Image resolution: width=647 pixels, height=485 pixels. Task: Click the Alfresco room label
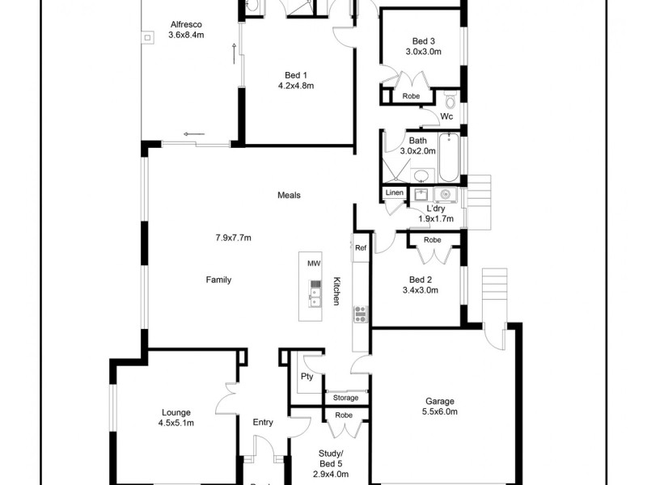tap(186, 23)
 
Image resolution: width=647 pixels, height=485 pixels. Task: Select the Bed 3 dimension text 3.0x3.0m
tap(423, 52)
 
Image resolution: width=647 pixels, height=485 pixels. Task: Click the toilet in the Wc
tap(450, 101)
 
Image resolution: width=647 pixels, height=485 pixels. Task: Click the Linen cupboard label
tap(394, 192)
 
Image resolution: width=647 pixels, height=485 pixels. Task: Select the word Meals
tap(289, 195)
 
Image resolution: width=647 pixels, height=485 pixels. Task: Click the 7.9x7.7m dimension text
tap(233, 238)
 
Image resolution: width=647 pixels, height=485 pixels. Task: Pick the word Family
tap(218, 280)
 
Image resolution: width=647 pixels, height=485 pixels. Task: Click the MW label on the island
tap(314, 264)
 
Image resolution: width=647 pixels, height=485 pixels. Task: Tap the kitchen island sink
tap(315, 300)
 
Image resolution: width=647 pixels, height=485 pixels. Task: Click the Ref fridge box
tap(361, 248)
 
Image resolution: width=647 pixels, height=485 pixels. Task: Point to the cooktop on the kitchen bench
tap(360, 314)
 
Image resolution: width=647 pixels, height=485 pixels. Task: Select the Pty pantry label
tap(307, 377)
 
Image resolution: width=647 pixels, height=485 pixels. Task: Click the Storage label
tap(345, 398)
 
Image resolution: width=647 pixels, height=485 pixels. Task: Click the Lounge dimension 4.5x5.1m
tap(178, 422)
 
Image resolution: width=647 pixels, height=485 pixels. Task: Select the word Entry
tap(263, 422)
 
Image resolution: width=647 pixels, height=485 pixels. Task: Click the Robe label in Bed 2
tap(433, 240)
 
